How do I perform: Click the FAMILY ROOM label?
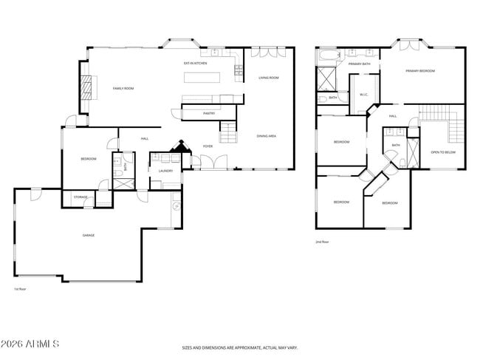123,89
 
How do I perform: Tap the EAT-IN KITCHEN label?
195,64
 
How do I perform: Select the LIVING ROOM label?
268,77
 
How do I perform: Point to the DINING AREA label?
267,136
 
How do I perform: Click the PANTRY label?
209,113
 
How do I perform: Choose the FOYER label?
208,146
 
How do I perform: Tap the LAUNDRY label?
165,171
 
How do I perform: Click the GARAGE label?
88,235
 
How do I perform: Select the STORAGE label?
80,197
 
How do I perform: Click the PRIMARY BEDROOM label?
419,71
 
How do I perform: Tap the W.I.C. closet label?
364,95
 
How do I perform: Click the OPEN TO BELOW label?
443,152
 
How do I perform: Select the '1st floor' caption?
20,289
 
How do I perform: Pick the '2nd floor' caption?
322,242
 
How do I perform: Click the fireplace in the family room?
88,88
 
